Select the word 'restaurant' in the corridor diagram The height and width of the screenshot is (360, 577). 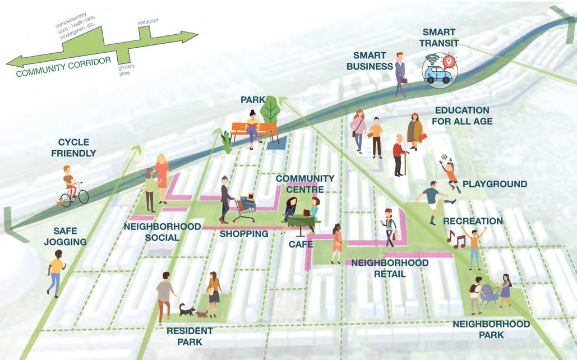coord(148,21)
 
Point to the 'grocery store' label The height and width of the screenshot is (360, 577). coord(126,68)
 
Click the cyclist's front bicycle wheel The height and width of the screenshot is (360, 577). coord(82,196)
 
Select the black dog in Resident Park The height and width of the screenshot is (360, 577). coord(184,309)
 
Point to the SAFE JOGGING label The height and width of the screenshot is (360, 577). coord(70,236)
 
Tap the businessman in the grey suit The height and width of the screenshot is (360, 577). coord(400,74)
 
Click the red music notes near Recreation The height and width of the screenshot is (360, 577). coord(455,239)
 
